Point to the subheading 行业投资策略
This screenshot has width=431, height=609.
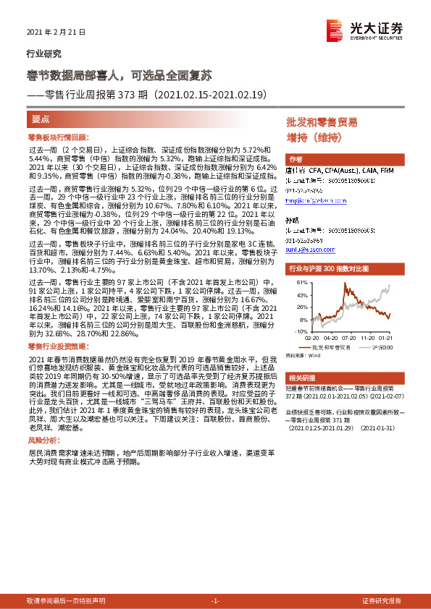click(51, 348)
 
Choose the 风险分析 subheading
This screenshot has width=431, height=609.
click(43, 440)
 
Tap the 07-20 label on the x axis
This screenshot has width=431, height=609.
click(348, 337)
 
